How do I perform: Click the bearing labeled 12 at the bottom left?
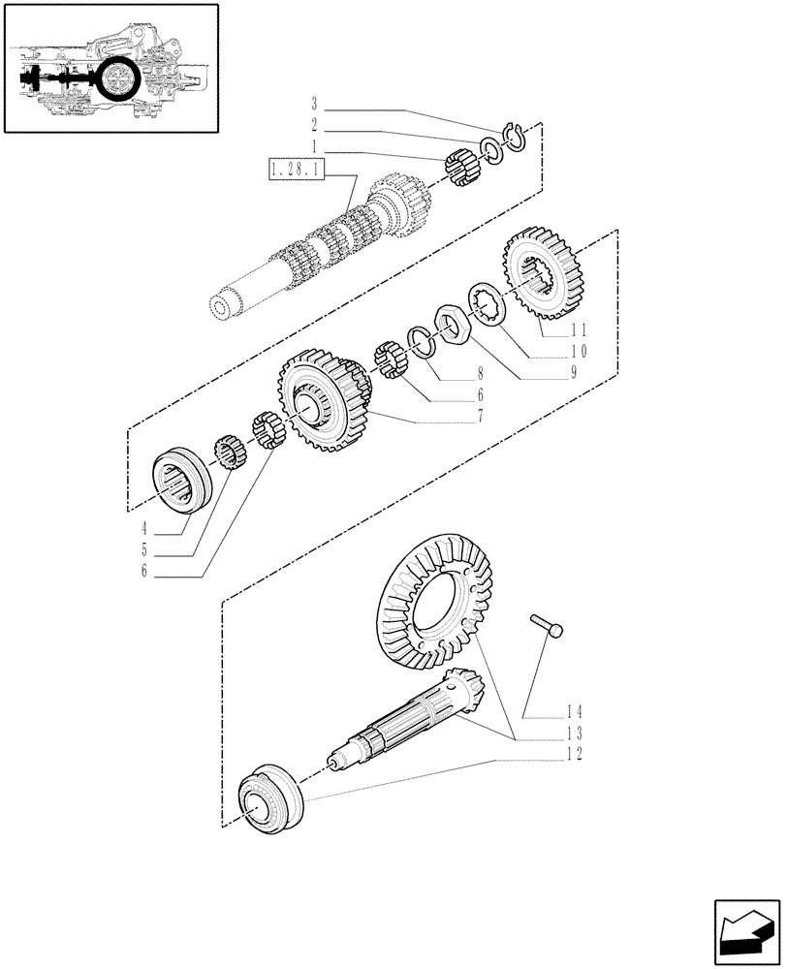[x=271, y=797]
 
